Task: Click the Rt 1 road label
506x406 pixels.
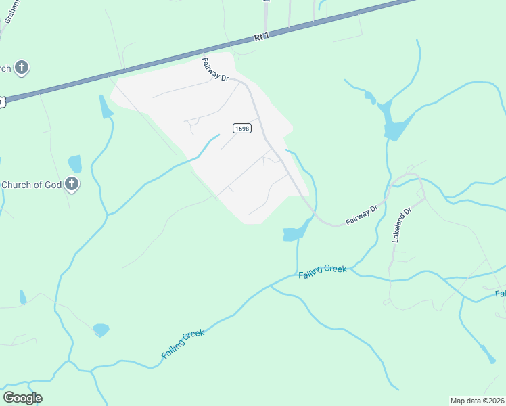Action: point(262,39)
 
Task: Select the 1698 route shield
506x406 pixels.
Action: point(241,128)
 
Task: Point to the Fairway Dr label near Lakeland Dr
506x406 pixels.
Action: point(361,215)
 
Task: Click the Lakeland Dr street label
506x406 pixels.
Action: point(401,226)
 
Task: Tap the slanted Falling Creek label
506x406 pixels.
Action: point(183,344)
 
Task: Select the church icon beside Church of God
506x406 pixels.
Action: point(72,184)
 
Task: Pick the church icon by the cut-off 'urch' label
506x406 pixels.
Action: point(22,68)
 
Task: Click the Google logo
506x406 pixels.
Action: point(22,397)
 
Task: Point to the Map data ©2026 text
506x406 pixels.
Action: point(477,401)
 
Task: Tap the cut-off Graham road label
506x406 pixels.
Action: point(11,12)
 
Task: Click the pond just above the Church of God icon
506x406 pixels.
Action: point(74,164)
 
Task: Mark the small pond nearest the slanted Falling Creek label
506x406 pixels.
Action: point(101,330)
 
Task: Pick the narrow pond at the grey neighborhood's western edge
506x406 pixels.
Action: point(105,107)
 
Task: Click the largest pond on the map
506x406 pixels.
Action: point(394,124)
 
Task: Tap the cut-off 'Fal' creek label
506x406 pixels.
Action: point(500,294)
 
